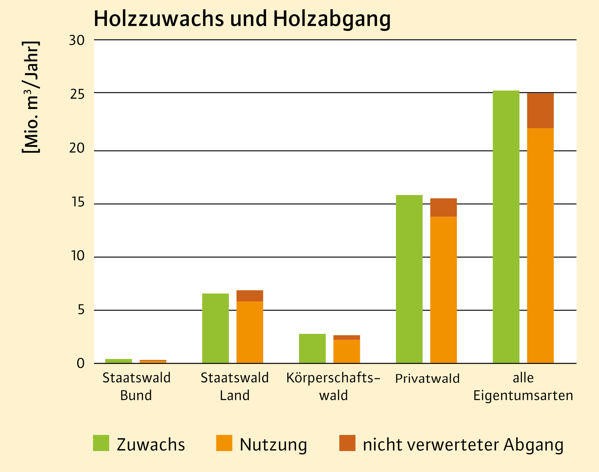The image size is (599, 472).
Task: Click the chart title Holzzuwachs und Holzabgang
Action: (x=242, y=19)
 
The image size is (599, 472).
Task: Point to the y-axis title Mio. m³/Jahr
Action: (x=31, y=97)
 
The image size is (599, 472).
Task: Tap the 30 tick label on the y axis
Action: (x=77, y=40)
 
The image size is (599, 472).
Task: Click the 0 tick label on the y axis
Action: (x=80, y=363)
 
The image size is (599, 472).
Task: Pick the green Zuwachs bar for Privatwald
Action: (x=409, y=279)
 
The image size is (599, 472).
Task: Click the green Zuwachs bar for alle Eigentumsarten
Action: (x=506, y=227)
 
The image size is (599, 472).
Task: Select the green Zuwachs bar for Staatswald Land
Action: (x=215, y=328)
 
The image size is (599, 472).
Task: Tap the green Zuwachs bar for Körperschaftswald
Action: (x=312, y=349)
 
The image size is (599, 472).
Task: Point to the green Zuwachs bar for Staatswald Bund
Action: (x=119, y=361)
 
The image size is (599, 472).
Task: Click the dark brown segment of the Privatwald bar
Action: (x=443, y=207)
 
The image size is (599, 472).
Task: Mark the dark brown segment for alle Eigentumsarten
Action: (x=540, y=111)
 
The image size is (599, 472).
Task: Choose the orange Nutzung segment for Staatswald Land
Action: (x=250, y=332)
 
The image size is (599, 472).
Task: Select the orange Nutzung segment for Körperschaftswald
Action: (x=347, y=351)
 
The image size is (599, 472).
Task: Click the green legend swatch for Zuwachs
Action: (x=101, y=443)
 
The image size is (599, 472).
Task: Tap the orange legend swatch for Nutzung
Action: (x=224, y=443)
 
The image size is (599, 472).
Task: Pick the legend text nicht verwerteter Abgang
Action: (x=463, y=445)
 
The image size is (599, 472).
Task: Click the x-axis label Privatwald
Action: (x=427, y=378)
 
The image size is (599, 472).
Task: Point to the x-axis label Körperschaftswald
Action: (x=333, y=386)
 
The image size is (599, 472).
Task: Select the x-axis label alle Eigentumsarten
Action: (x=523, y=386)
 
